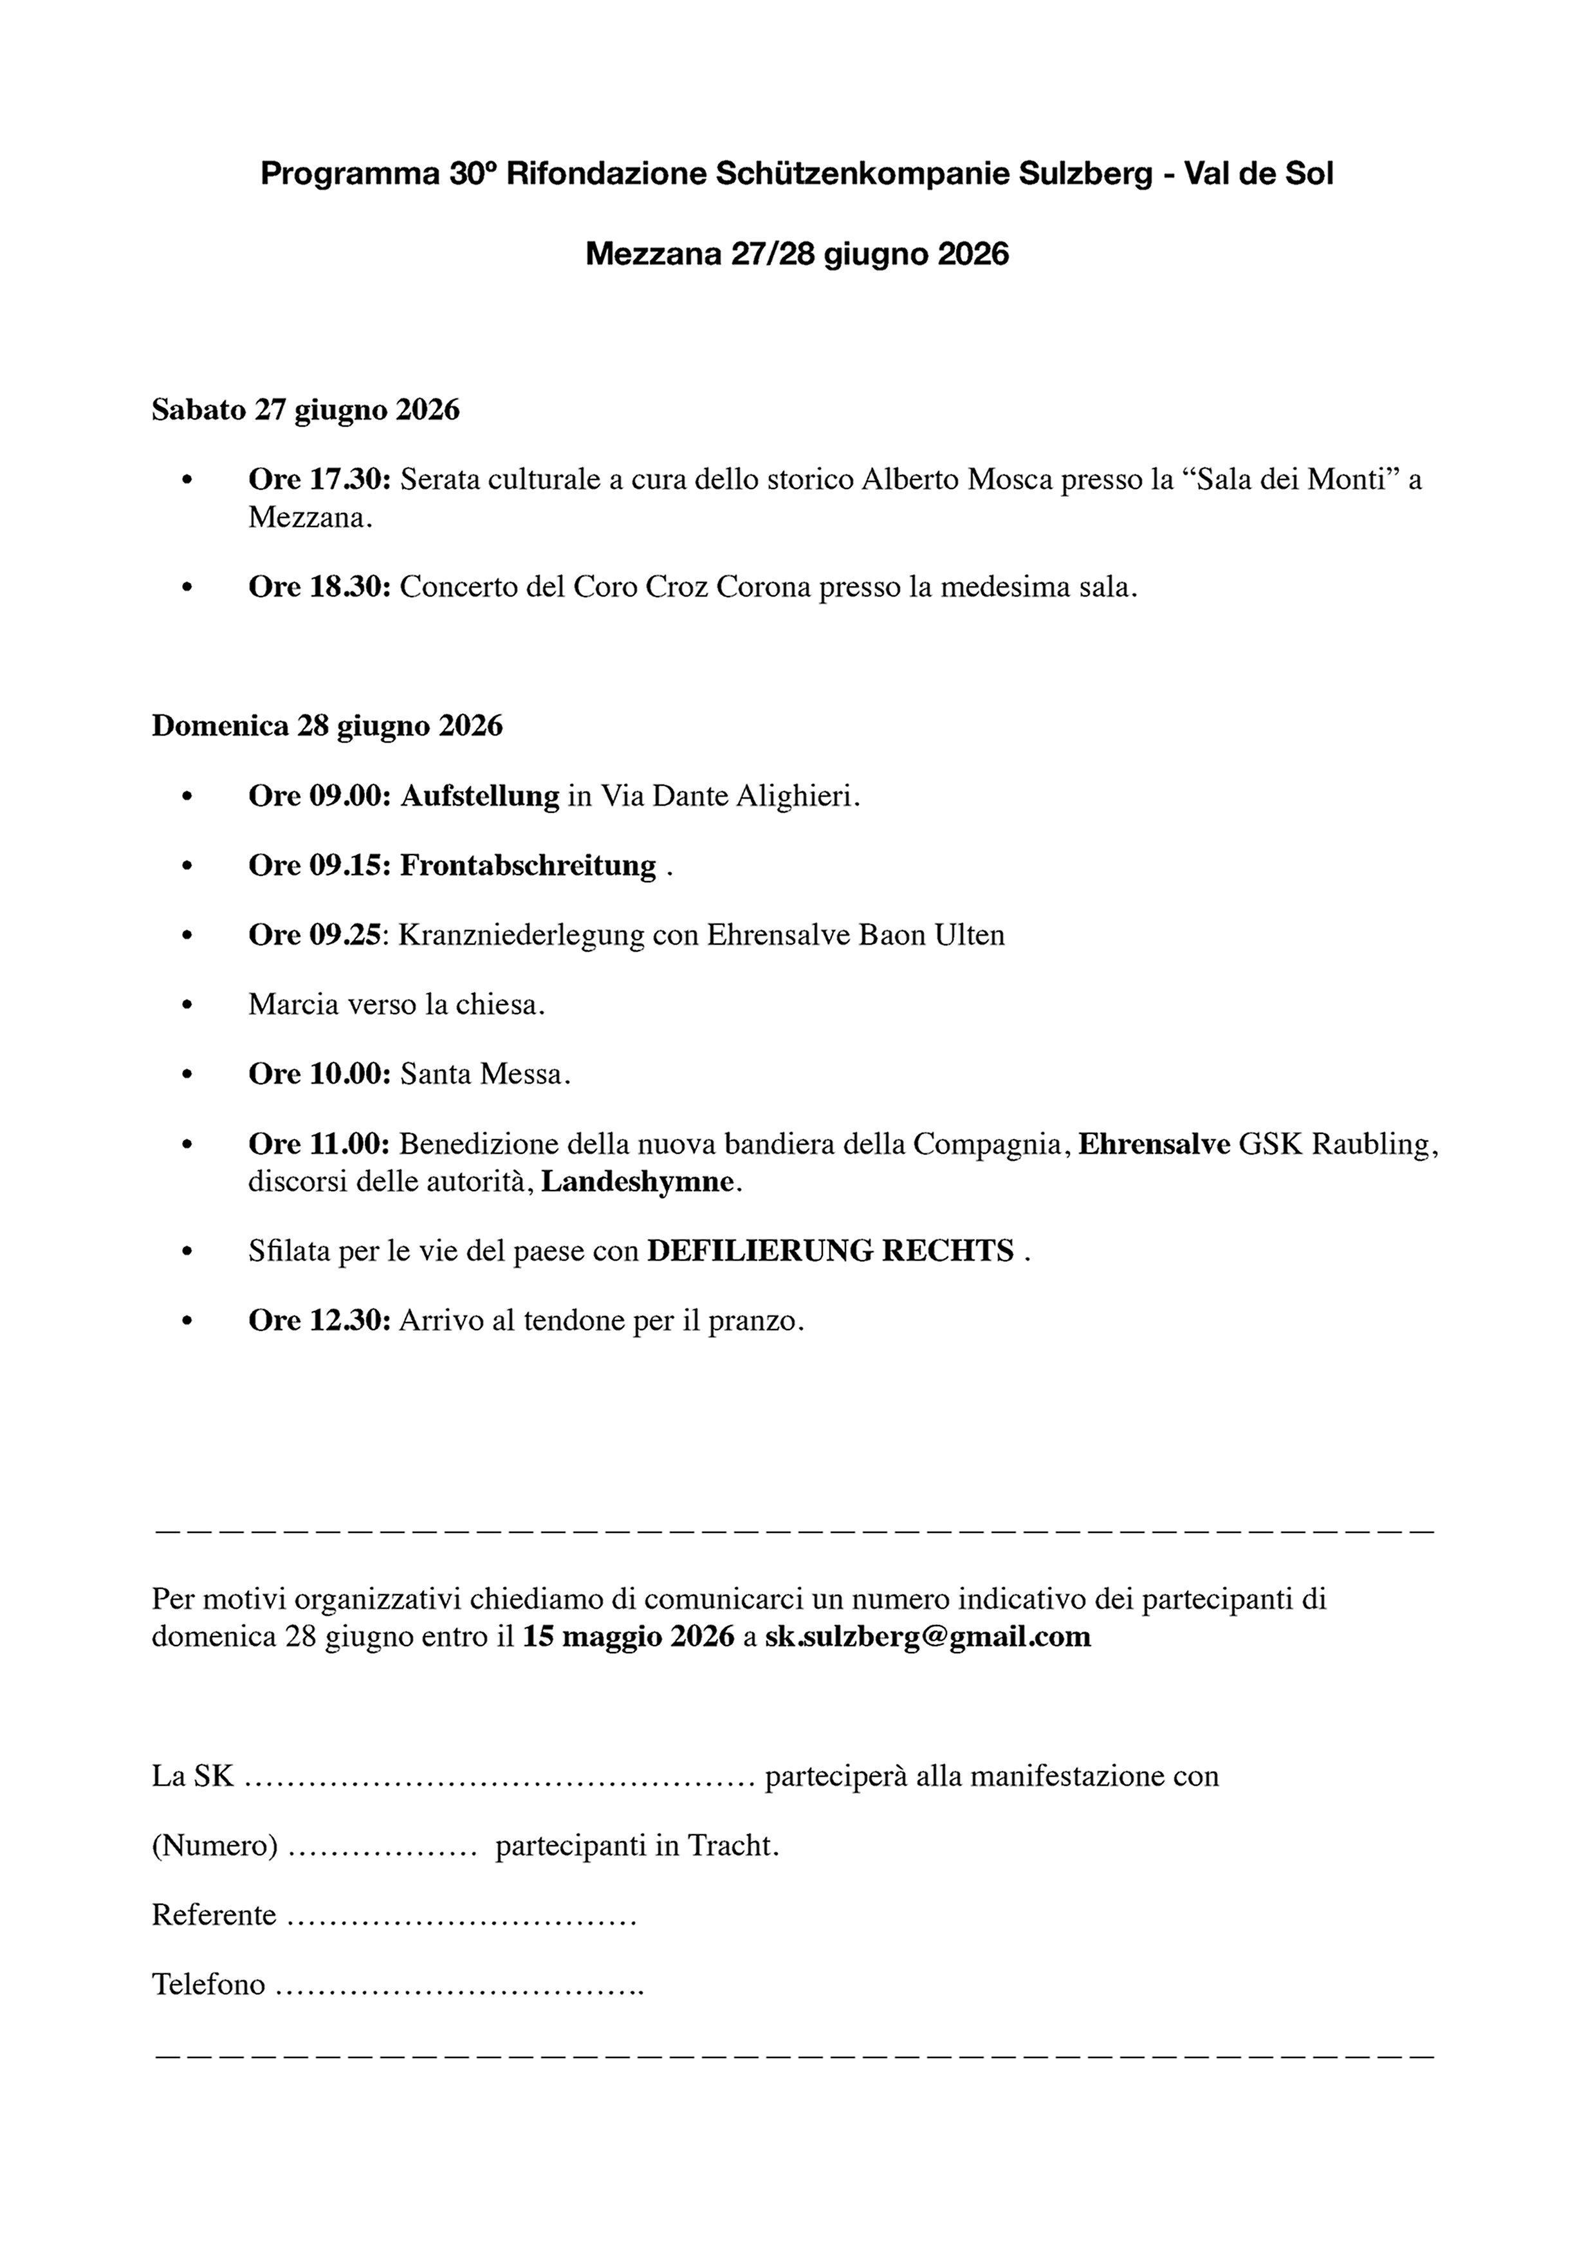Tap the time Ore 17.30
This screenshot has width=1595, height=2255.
[319, 479]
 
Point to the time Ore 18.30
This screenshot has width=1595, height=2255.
[319, 588]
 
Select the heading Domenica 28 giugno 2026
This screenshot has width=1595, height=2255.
[327, 726]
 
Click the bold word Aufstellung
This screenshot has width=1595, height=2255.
[479, 795]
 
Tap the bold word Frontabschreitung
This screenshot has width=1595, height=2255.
[528, 866]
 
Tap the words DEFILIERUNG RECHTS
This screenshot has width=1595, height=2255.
[830, 1251]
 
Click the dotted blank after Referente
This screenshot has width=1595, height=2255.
[461, 1916]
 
